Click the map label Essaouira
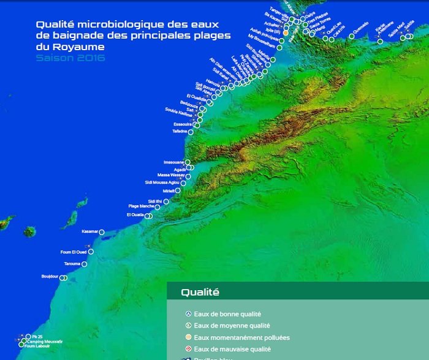point(183,124)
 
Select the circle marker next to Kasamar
point(102,232)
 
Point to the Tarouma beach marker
point(84,264)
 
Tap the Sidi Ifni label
point(155,201)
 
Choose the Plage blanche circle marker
point(157,208)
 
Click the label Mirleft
point(170,190)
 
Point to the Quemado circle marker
point(352,36)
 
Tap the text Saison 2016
point(70,58)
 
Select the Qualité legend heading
point(200,293)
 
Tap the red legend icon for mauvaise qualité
point(188,349)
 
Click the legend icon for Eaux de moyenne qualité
point(188,326)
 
